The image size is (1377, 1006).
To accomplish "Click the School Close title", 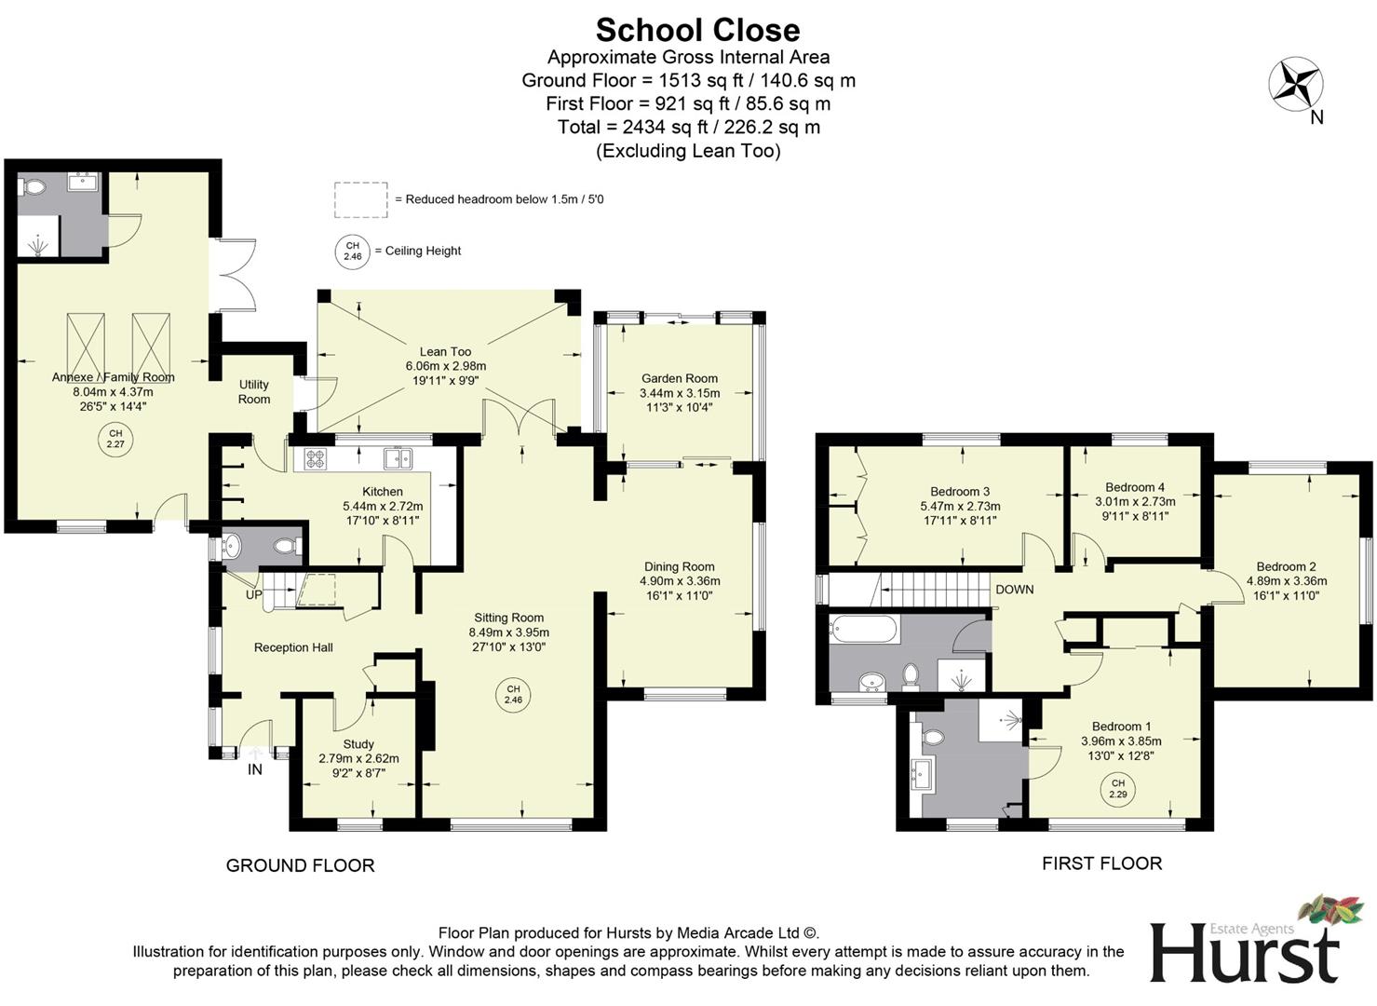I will [697, 30].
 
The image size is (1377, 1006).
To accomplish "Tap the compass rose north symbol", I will [1295, 85].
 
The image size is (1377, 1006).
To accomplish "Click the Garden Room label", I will [679, 378].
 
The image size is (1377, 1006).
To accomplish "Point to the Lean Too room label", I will [445, 351].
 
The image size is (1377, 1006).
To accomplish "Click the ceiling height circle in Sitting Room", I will [513, 694].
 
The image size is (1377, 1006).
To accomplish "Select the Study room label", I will [358, 744].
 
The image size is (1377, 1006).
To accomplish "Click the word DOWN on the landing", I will [1014, 590].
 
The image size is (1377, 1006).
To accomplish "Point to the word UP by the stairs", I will [254, 594].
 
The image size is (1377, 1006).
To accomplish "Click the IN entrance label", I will [254, 769].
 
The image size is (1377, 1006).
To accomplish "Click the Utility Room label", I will [253, 391].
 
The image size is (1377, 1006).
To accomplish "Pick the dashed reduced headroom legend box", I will [360, 199].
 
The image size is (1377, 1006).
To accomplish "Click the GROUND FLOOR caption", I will [300, 865].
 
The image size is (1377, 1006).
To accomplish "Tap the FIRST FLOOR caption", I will [1101, 863].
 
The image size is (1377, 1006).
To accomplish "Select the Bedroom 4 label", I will [1134, 487].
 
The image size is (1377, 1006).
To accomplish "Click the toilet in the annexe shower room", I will [34, 187].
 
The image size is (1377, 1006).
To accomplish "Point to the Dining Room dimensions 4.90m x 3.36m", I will [679, 581].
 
